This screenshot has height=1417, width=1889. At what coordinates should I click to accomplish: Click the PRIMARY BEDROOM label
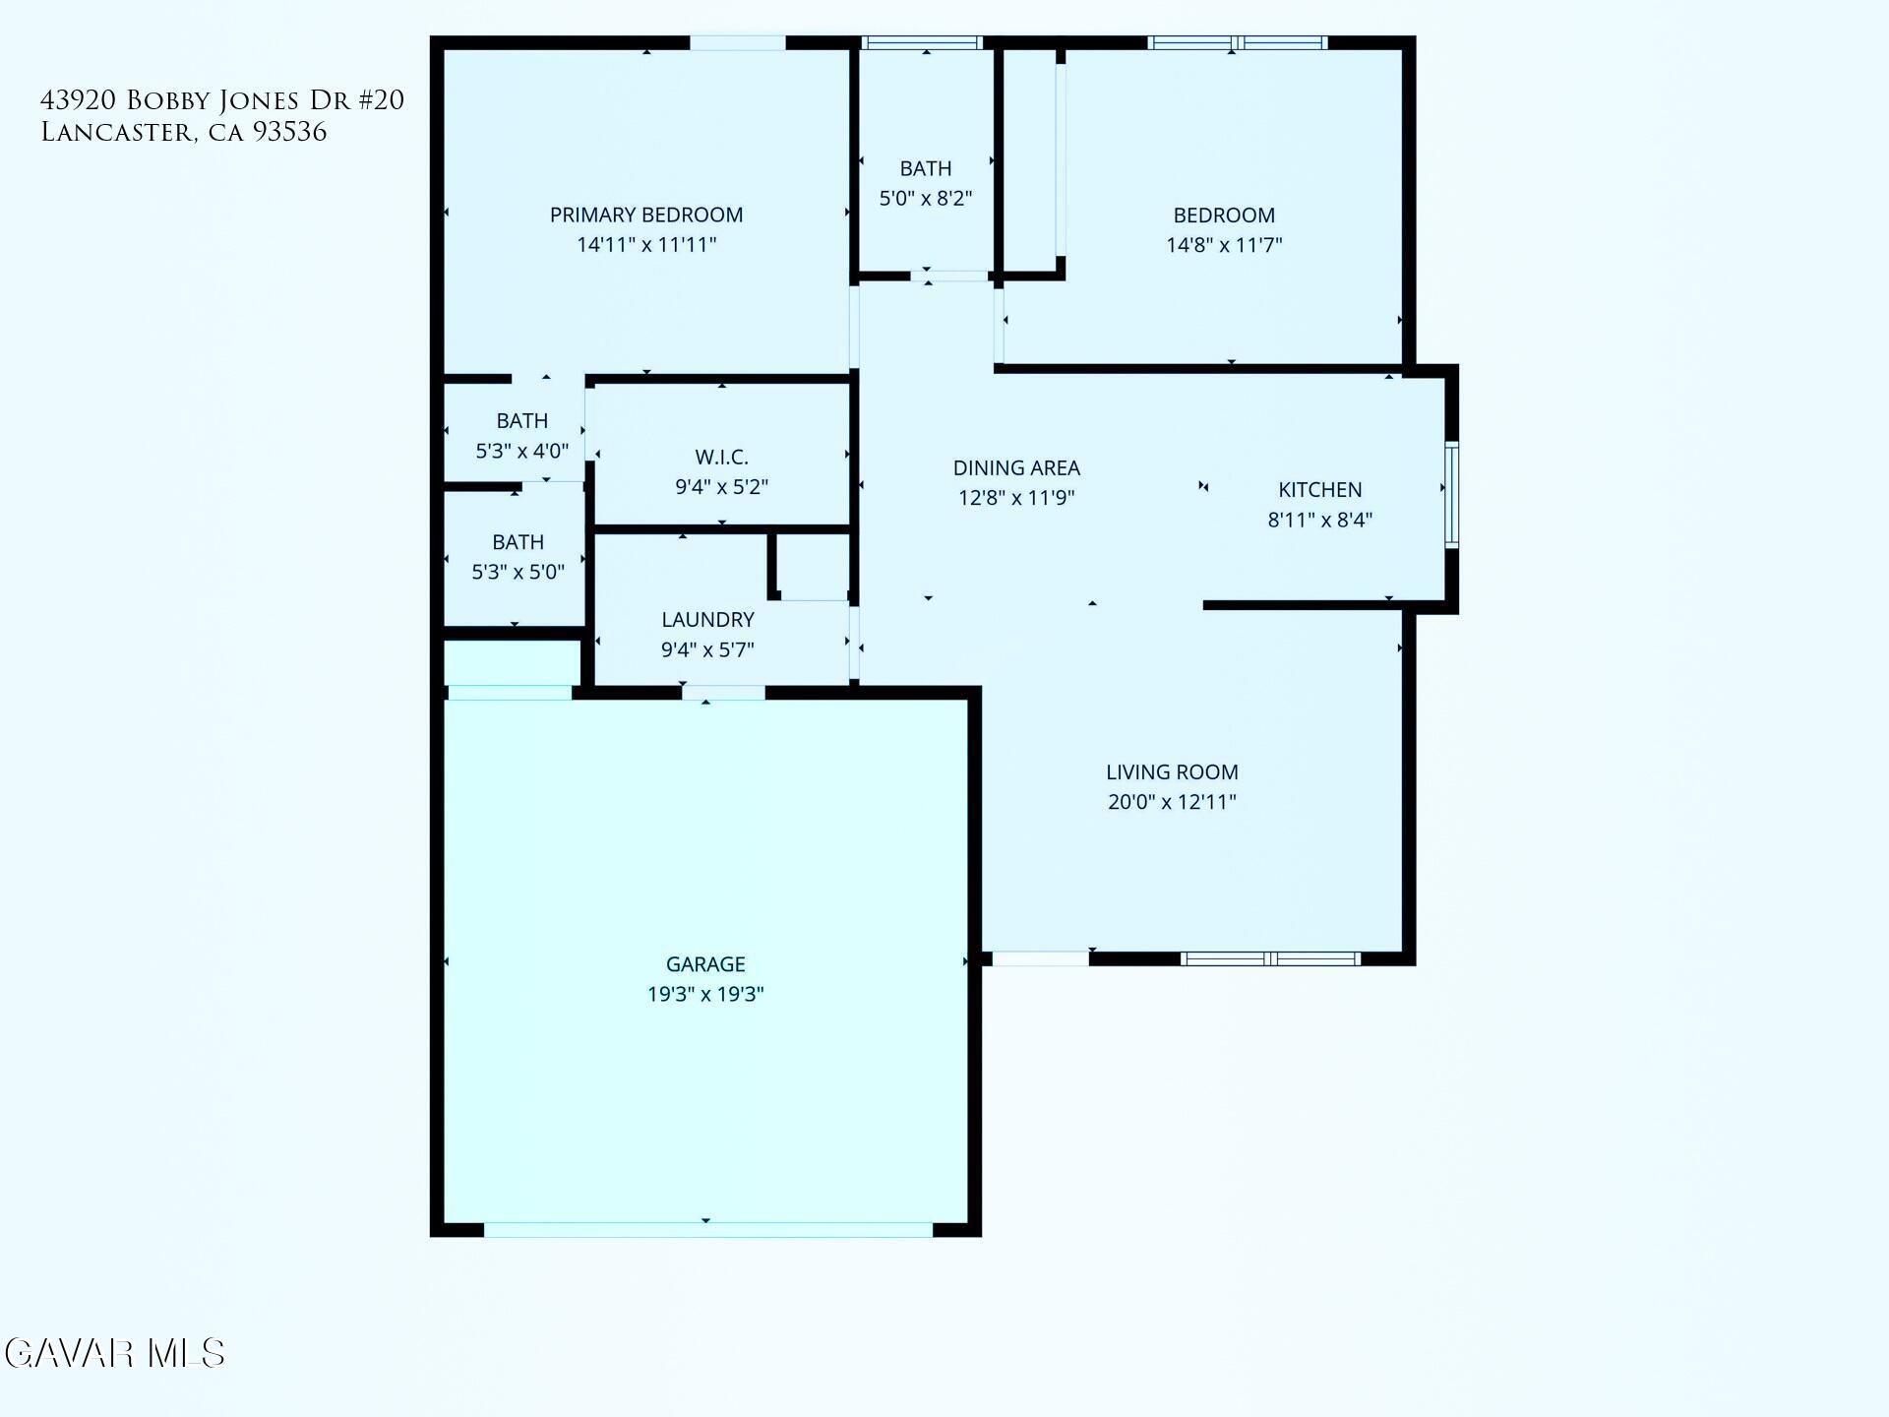[645, 216]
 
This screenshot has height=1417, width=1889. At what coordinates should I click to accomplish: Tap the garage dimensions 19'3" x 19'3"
[705, 994]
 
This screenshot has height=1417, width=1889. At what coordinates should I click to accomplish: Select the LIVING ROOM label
[1171, 772]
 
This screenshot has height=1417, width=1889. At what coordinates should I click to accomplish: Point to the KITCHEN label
[1319, 490]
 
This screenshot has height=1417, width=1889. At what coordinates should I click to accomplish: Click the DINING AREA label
[1016, 468]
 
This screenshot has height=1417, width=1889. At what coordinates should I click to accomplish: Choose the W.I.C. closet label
[721, 458]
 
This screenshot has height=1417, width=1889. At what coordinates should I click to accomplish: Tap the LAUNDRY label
[707, 620]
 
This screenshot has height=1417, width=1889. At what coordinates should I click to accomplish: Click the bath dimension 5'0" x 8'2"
[925, 199]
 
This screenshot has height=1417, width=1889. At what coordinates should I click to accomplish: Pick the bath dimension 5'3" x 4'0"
[521, 452]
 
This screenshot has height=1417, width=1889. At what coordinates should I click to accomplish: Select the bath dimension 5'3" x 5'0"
[518, 573]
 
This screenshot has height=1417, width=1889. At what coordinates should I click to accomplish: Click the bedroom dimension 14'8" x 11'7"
[1224, 245]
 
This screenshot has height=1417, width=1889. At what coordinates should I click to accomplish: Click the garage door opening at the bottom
[707, 1230]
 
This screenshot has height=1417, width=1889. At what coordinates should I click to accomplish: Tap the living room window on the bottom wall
[1270, 958]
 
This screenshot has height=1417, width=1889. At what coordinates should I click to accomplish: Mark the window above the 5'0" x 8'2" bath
[922, 42]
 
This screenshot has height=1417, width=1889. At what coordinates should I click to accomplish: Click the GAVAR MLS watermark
[115, 1354]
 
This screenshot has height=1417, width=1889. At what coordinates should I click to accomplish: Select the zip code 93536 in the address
[289, 133]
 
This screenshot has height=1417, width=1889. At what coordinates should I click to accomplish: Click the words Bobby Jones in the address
[212, 100]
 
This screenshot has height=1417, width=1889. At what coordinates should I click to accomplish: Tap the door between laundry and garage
[723, 693]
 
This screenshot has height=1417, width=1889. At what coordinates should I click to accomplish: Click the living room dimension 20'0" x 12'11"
[1171, 802]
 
